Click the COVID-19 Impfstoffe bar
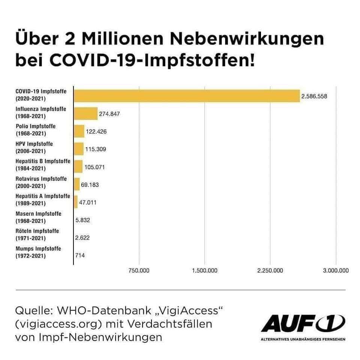tap(187, 96)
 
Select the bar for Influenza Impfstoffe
tap(85, 113)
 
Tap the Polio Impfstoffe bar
tap(79, 131)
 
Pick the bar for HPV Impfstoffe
tap(79, 148)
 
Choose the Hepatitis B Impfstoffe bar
tap(78, 166)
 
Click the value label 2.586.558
tap(314, 96)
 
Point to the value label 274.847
tap(109, 114)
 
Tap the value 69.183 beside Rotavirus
tap(90, 185)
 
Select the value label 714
tap(80, 255)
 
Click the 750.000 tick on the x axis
tap(139, 270)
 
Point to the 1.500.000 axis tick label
tap(204, 270)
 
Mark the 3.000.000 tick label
tap(336, 270)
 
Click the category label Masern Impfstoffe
tap(38, 214)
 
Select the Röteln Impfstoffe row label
tap(37, 231)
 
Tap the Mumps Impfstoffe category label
tap(38, 249)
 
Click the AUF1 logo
tap(303, 324)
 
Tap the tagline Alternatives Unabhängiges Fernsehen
tap(303, 339)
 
